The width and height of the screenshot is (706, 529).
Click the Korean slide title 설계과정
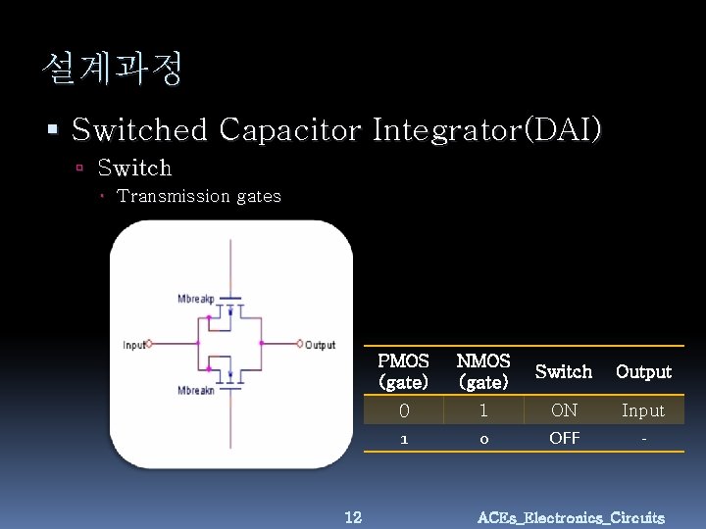(x=112, y=69)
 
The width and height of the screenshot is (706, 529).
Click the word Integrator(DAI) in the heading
(x=487, y=129)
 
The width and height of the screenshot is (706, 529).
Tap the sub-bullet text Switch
(x=134, y=168)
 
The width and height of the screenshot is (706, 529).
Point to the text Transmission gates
(x=199, y=196)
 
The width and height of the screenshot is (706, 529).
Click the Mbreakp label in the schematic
(x=196, y=298)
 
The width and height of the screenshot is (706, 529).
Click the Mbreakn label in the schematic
(x=196, y=391)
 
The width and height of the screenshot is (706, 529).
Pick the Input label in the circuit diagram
(x=133, y=345)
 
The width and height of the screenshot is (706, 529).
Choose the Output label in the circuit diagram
(x=320, y=345)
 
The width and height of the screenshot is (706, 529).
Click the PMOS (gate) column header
(x=403, y=371)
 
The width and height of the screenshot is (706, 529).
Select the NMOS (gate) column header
(x=483, y=371)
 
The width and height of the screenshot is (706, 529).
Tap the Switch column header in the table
(x=564, y=372)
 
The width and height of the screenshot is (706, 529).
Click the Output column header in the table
(x=643, y=372)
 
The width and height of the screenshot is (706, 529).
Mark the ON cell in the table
(x=564, y=410)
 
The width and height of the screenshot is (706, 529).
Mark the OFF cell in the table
(x=564, y=439)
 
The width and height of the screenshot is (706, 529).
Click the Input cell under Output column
(x=643, y=410)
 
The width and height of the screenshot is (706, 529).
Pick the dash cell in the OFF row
(x=643, y=440)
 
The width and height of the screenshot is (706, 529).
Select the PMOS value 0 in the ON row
(x=403, y=410)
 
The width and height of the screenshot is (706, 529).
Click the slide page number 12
(x=354, y=516)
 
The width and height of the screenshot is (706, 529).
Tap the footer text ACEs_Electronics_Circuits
(x=571, y=517)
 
